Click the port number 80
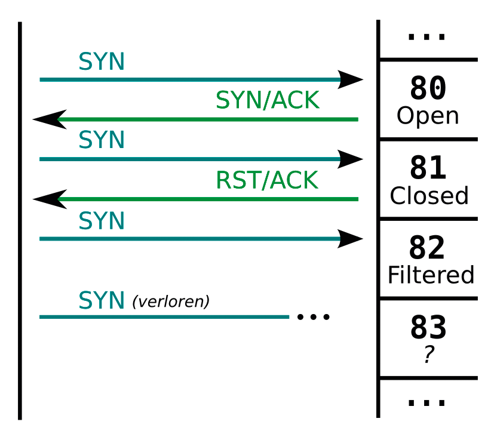(428, 89)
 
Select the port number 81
(428, 169)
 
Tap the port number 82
(428, 248)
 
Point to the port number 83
(428, 328)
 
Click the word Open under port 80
(428, 116)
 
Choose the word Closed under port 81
(429, 196)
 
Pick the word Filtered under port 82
(431, 275)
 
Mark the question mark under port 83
(428, 355)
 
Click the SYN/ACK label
(268, 101)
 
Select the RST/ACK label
(268, 180)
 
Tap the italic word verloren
(171, 302)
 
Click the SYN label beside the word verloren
(102, 301)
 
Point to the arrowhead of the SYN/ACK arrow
(49, 119)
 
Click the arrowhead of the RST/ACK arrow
(49, 199)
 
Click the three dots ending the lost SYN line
(313, 317)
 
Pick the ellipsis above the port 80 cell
(427, 37)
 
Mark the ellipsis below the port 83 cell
(427, 403)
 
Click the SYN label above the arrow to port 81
(102, 140)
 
